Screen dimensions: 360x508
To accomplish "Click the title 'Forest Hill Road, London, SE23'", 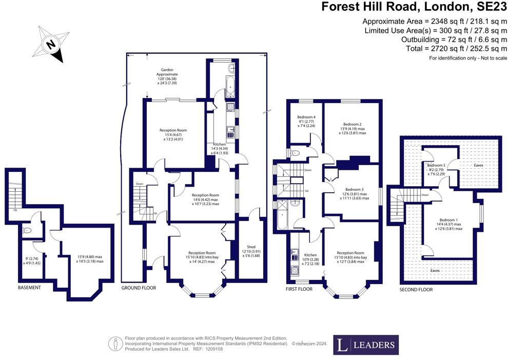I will click(x=413, y=7).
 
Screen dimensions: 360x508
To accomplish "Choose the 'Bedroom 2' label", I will click(x=353, y=124).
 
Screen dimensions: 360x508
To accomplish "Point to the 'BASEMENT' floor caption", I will click(x=29, y=288).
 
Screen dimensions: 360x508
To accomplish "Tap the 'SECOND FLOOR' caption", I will click(x=416, y=290).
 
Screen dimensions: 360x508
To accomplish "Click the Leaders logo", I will click(x=366, y=345).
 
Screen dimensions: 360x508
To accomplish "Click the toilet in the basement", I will click(x=27, y=231).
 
